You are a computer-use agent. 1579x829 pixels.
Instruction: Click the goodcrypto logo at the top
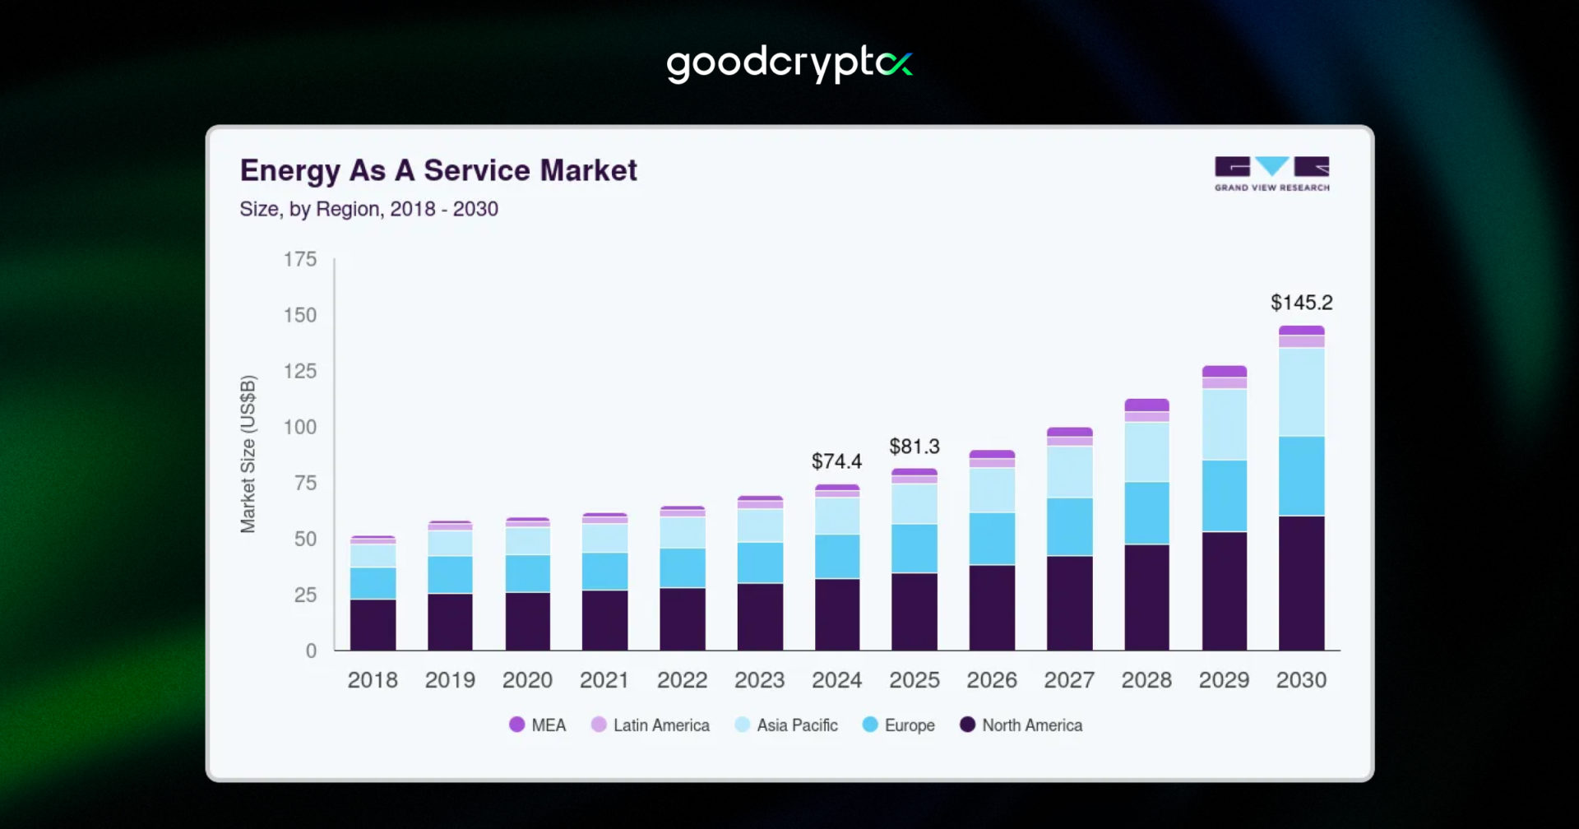click(789, 63)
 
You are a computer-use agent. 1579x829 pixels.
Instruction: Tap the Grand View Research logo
click(1271, 174)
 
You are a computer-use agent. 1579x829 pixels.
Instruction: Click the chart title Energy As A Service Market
click(438, 170)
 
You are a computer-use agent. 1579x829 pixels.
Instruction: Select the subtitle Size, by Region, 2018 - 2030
click(368, 209)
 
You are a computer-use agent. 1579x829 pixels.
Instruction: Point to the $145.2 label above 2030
click(1301, 303)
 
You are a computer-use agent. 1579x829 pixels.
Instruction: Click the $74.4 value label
click(836, 461)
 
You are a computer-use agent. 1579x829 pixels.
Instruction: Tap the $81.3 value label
click(914, 447)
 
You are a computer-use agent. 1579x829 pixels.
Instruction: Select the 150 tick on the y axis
click(300, 315)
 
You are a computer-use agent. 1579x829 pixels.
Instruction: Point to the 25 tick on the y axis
click(305, 595)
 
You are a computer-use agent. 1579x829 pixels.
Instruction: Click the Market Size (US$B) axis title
click(248, 454)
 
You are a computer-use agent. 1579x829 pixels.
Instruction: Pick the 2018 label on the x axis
click(373, 680)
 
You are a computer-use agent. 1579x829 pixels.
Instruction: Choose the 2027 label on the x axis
click(1069, 680)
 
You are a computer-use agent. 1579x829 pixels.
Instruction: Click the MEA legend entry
click(538, 725)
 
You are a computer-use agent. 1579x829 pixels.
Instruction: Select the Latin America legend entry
click(651, 725)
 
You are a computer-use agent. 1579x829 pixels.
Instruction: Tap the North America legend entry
click(1021, 725)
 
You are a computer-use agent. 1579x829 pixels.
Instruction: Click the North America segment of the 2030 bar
click(1301, 583)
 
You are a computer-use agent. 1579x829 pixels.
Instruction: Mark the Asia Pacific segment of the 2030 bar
click(1301, 391)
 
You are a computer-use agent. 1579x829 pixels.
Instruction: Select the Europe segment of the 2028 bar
click(1146, 513)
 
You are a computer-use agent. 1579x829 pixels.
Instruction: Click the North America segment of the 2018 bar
click(373, 625)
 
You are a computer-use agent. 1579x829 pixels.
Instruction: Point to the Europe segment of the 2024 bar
click(836, 557)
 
